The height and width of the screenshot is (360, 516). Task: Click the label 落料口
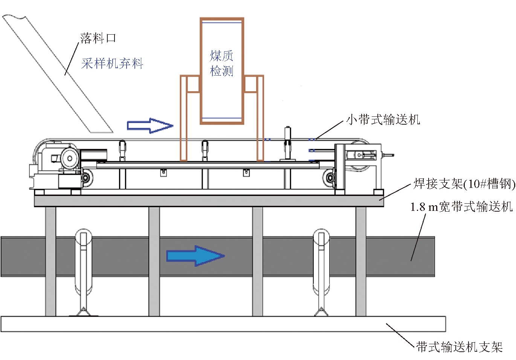click(98, 38)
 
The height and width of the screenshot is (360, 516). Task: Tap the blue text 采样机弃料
click(112, 63)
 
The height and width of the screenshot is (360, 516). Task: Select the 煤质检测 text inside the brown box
click(221, 63)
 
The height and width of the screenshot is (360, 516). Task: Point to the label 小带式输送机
click(383, 120)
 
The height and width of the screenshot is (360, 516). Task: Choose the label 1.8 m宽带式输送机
click(461, 207)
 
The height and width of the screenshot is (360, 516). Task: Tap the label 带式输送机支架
click(459, 347)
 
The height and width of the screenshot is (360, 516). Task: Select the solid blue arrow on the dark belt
click(195, 256)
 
